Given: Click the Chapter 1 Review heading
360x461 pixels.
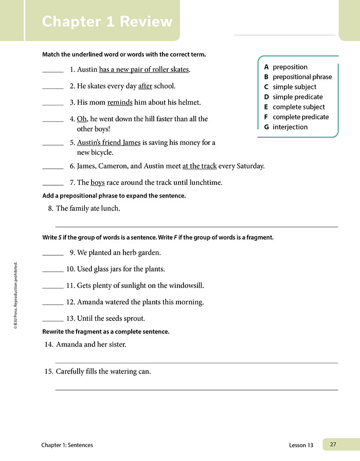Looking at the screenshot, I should click(x=107, y=22).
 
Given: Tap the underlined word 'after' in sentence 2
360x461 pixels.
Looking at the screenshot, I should click(x=145, y=86).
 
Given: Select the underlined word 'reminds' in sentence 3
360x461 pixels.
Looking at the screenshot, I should click(x=120, y=102).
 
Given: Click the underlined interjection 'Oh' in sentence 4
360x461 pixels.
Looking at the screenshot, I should click(x=82, y=119).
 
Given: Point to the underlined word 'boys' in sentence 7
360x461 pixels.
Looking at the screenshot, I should click(x=98, y=182).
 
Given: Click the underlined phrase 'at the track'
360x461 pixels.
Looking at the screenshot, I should click(x=200, y=166).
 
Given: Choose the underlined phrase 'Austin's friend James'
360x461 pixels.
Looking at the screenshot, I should click(x=109, y=143).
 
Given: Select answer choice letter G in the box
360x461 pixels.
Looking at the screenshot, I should click(x=266, y=127).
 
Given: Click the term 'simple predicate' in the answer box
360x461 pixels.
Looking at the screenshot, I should click(x=298, y=97).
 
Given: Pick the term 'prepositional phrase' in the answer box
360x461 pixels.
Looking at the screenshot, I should click(x=302, y=77).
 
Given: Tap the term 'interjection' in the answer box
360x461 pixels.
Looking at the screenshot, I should click(x=290, y=127).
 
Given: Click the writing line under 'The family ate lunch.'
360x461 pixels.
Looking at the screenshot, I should click(x=196, y=226).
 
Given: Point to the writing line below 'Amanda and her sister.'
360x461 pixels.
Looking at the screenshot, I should click(x=196, y=362).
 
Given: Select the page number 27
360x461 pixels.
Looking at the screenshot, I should click(x=333, y=445).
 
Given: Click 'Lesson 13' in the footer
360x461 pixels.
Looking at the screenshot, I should click(x=301, y=445).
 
